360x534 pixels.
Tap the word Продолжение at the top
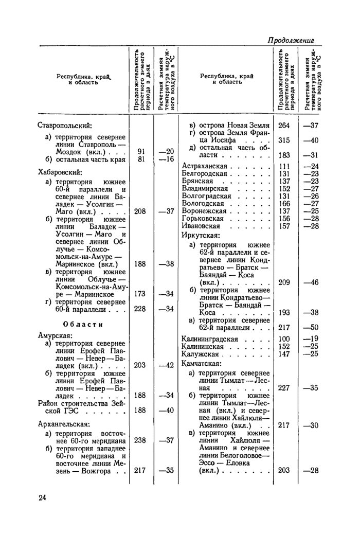click(x=291, y=40)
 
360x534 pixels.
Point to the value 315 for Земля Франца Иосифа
click(x=284, y=140)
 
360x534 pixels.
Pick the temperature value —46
click(x=311, y=282)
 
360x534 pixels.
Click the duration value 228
click(x=140, y=309)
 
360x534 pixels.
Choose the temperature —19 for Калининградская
click(x=311, y=339)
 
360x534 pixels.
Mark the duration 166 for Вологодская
click(x=284, y=203)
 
